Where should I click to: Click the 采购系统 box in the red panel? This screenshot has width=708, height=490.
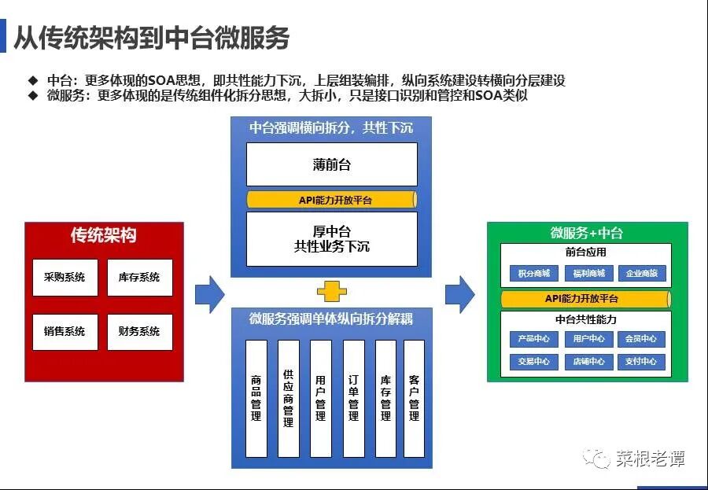point(65,277)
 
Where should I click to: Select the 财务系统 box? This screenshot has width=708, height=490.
point(139,331)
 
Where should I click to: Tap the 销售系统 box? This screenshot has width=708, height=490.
point(65,331)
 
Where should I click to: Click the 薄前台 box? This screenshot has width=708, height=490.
point(331,164)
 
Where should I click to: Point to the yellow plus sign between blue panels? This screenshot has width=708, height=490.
point(331,292)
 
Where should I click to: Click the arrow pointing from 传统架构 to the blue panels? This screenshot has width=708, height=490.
point(209,294)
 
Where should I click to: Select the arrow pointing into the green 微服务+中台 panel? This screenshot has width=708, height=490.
point(459,294)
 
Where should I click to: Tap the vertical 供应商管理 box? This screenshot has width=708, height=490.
point(288,398)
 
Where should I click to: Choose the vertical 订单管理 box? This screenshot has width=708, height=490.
point(353,398)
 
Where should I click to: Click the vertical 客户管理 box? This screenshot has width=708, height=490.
point(414,398)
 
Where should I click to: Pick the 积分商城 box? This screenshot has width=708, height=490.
point(534,274)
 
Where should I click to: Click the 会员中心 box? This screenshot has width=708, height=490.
point(640,339)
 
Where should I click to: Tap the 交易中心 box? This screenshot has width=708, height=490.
point(534,362)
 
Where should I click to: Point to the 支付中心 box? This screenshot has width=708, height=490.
point(640,362)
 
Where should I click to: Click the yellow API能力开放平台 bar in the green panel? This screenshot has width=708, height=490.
point(585,299)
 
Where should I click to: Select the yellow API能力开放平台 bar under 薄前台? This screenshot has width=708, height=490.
point(331,200)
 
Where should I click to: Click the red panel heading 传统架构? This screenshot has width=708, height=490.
point(104,235)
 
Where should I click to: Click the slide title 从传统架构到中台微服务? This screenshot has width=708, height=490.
point(152,38)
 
